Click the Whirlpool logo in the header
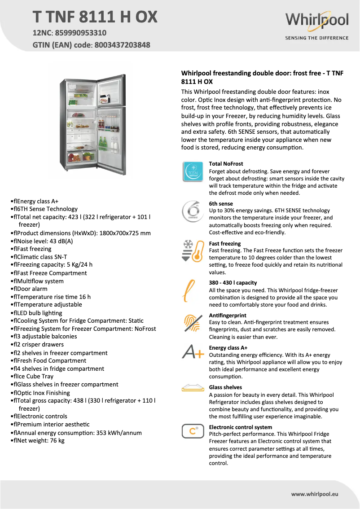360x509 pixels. point(316,21)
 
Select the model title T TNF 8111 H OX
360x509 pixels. point(95,17)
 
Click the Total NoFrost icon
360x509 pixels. point(193,172)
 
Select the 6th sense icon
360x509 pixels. point(193,211)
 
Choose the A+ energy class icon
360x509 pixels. point(193,352)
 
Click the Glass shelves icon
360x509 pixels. point(193,387)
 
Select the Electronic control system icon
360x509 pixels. point(193,431)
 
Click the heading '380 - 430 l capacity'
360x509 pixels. point(233,283)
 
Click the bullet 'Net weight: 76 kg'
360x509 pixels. point(40,441)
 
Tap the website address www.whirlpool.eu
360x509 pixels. point(314,494)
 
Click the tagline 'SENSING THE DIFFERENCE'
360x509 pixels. point(316,38)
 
